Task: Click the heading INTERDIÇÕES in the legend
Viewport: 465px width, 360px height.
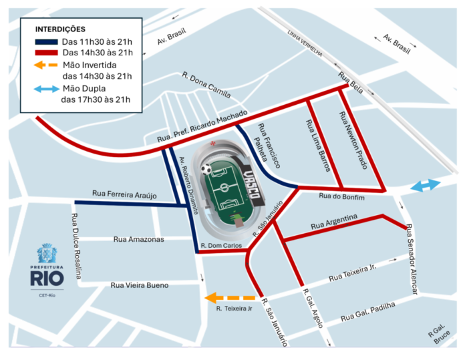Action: [x=60, y=29]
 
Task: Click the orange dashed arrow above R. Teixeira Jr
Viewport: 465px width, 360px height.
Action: [x=230, y=298]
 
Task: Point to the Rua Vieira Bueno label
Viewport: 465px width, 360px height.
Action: [x=139, y=285]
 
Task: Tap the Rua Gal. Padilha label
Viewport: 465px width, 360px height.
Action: [x=367, y=311]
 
